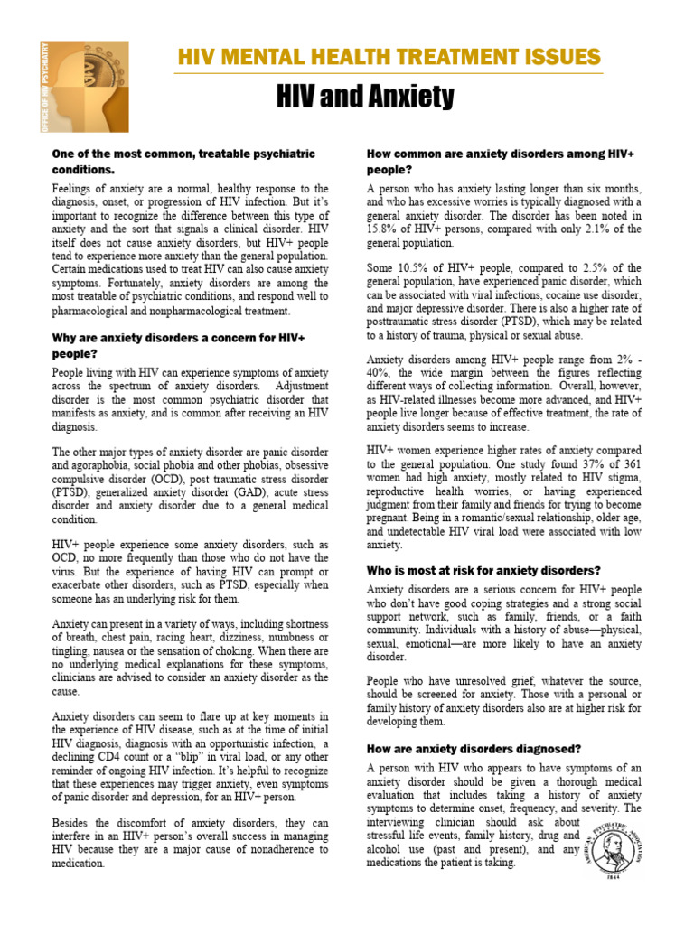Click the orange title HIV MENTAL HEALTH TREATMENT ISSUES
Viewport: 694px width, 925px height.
(389, 58)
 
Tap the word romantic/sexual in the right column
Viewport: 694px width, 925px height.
(502, 519)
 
